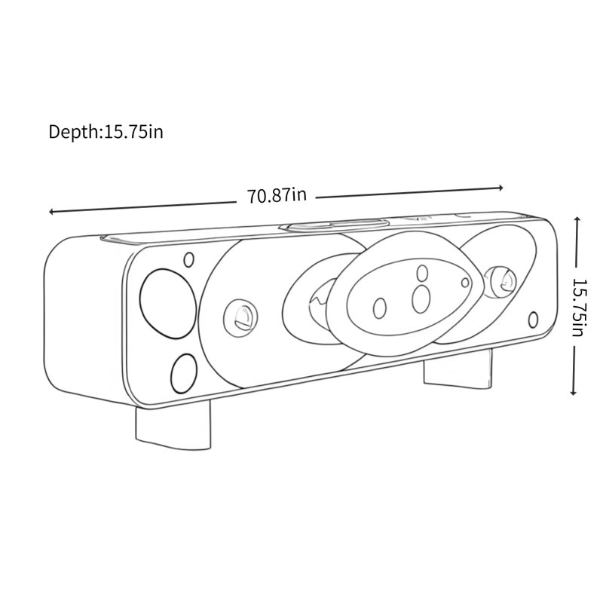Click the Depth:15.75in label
(106, 132)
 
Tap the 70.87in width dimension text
(277, 195)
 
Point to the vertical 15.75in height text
(580, 308)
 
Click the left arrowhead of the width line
(51, 212)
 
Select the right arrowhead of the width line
(500, 188)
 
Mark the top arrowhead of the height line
(577, 219)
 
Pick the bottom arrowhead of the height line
(574, 393)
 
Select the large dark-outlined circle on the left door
(168, 304)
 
